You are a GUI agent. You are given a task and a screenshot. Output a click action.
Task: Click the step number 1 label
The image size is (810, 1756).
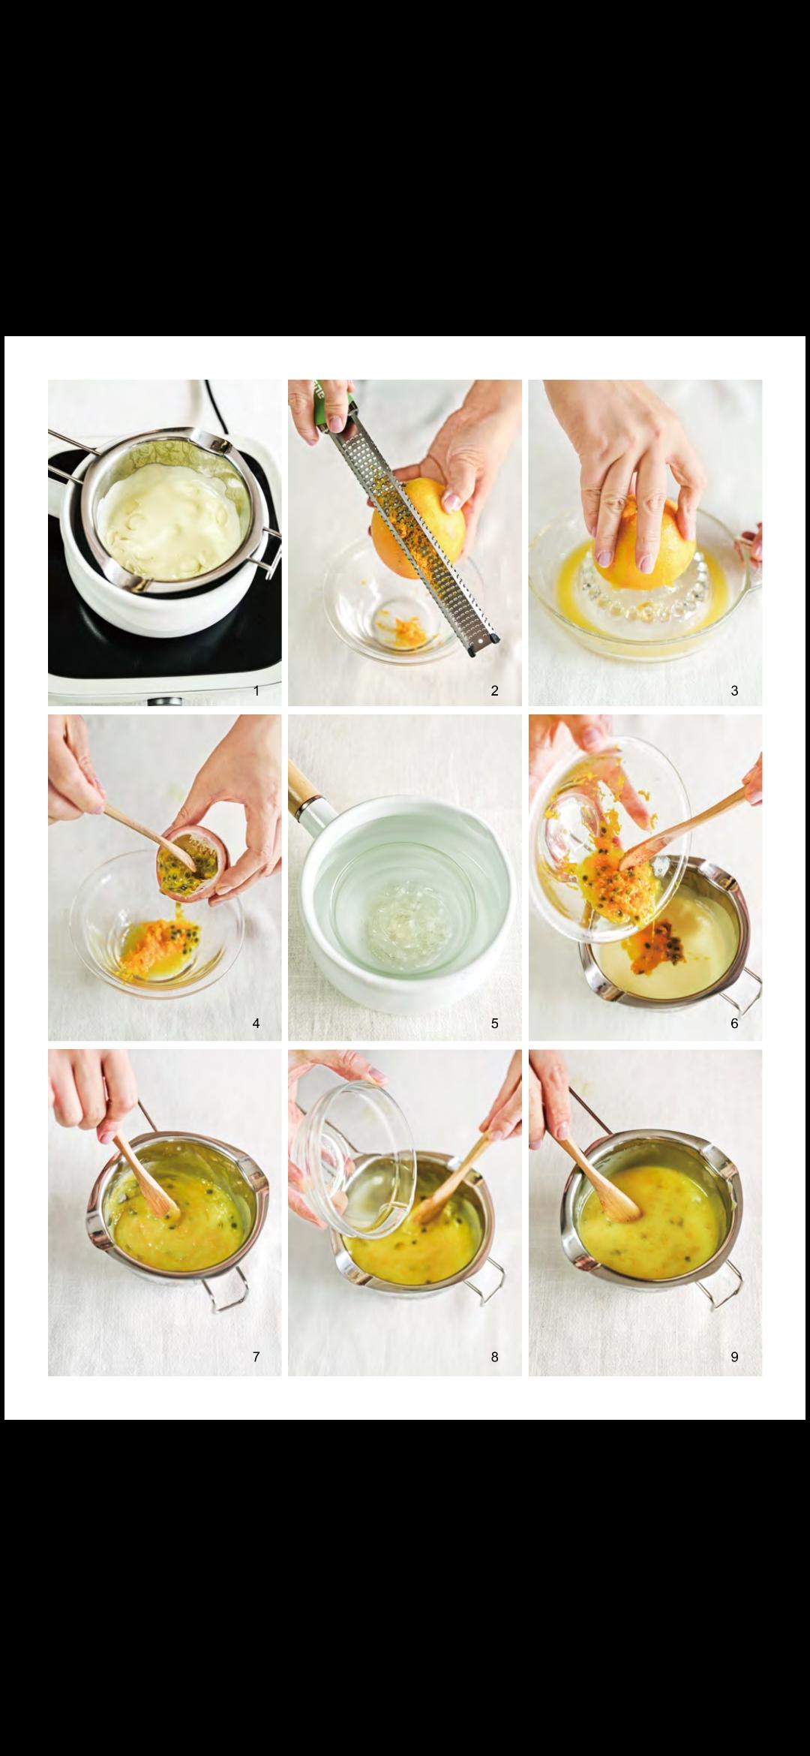(x=256, y=691)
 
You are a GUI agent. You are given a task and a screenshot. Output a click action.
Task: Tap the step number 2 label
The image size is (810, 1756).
(x=495, y=691)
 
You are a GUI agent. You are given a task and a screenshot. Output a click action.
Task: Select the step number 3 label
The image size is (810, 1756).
(x=734, y=691)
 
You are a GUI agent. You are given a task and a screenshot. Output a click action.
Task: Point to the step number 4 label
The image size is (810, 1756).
(x=256, y=1024)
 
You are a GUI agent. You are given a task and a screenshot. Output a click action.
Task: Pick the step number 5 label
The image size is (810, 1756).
(x=495, y=1024)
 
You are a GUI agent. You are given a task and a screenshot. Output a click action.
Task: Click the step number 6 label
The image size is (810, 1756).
(x=734, y=1024)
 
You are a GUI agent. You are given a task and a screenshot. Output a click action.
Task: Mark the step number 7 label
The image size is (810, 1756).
(x=256, y=1357)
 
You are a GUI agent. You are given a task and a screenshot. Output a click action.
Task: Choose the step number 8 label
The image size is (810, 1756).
(x=495, y=1357)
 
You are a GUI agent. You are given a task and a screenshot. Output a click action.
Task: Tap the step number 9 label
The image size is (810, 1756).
(x=734, y=1357)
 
